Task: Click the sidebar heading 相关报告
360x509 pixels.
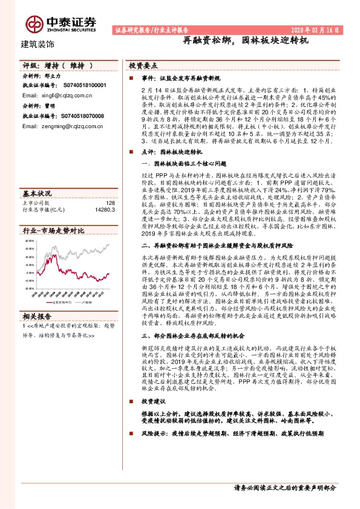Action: [x=38, y=316]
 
